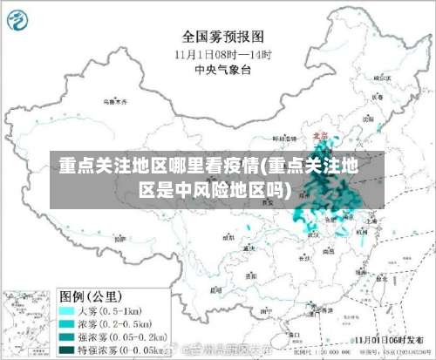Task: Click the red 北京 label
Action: [319, 136]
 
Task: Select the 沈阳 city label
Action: [369, 118]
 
